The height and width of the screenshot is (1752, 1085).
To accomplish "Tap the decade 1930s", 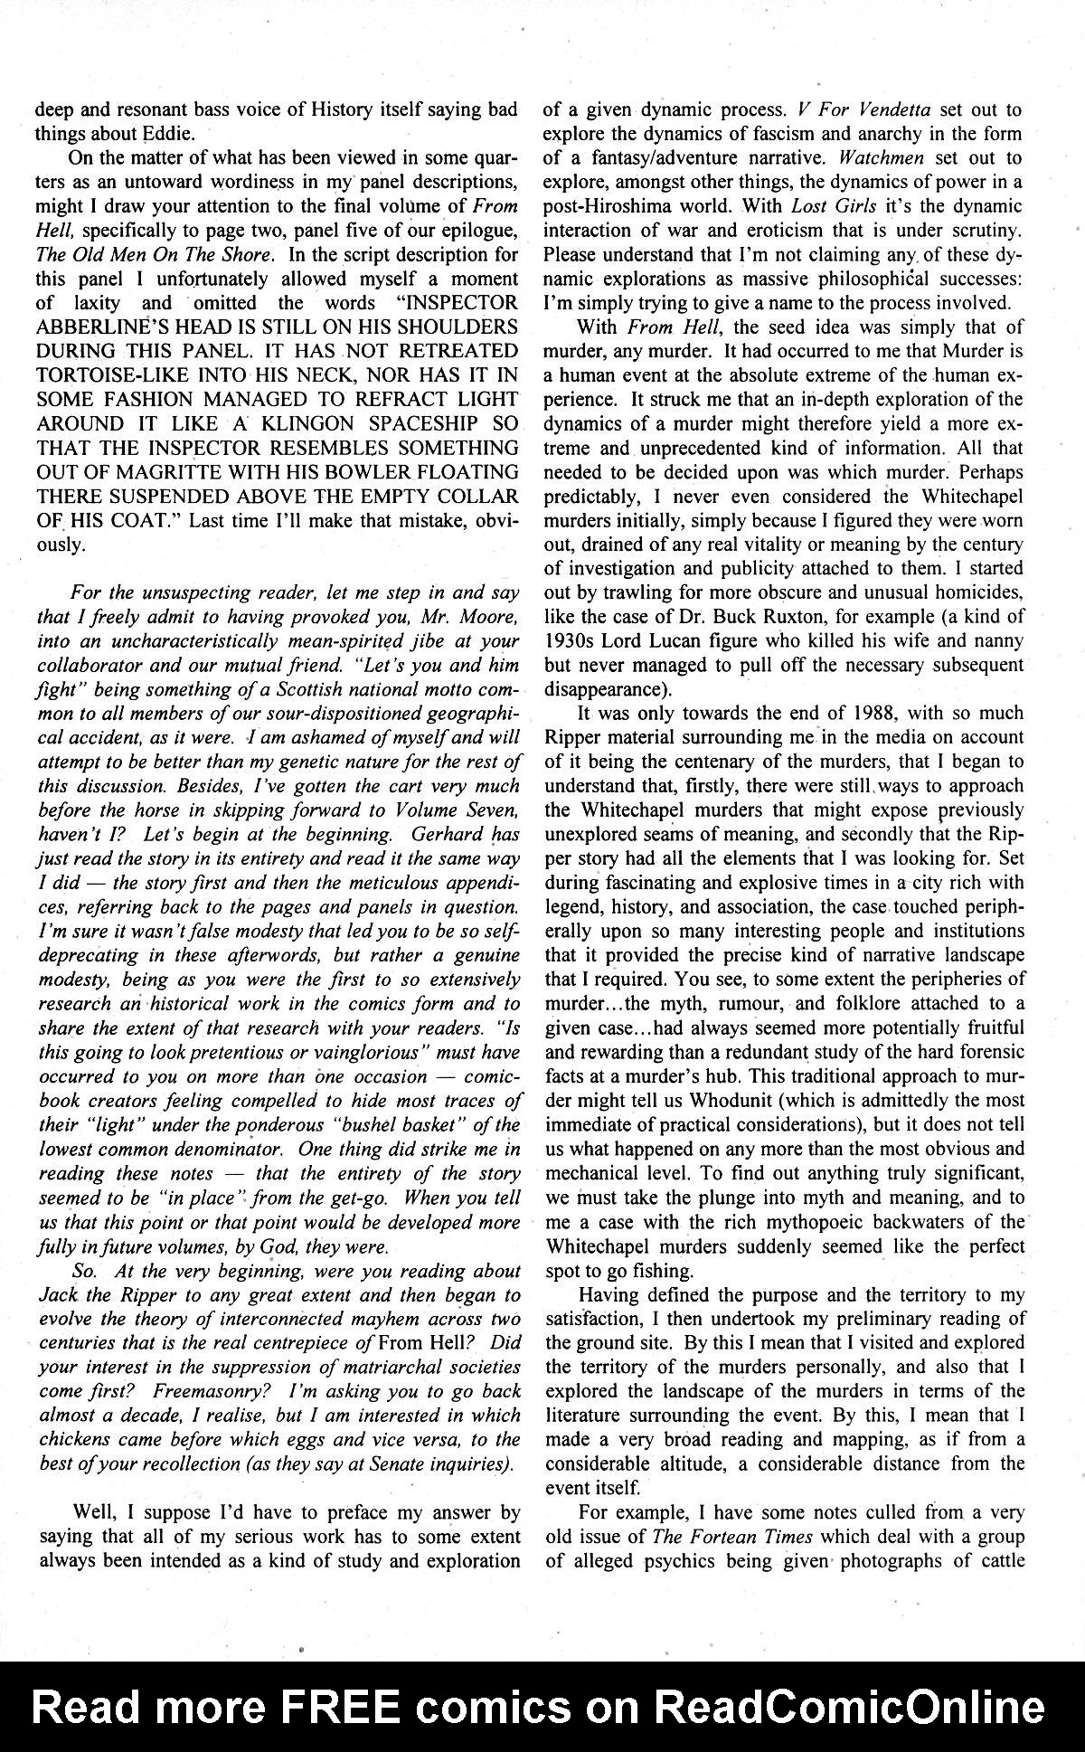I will coord(576,640).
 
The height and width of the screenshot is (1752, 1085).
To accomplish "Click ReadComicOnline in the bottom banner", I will coord(849,1708).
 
